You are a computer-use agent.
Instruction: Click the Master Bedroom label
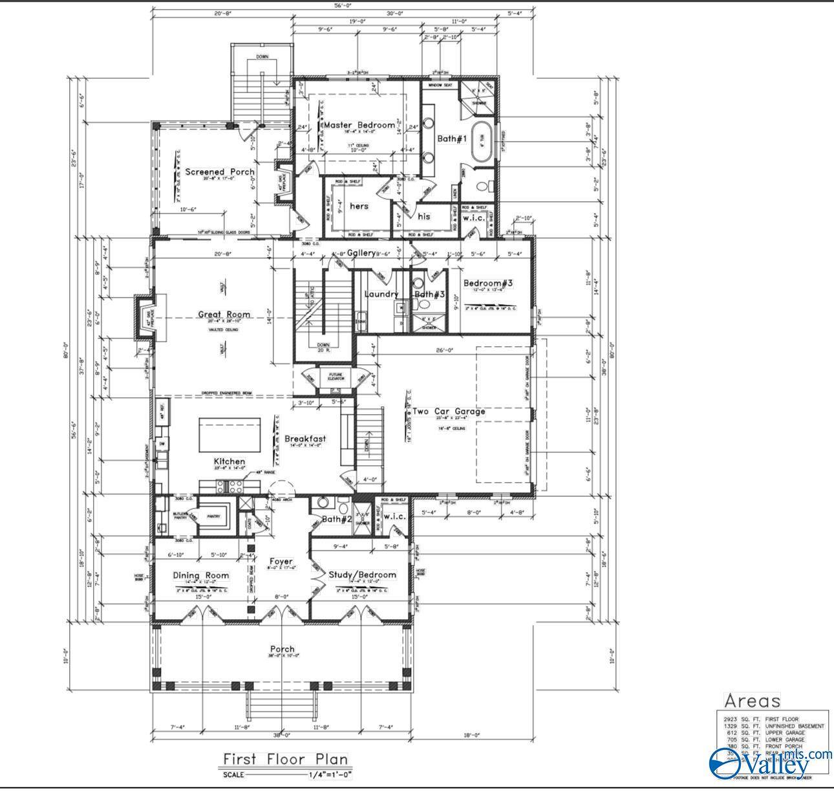(359, 125)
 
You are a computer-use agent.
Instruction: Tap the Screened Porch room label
(220, 171)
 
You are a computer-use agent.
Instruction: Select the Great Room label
(224, 315)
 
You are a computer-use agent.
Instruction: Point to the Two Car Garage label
(449, 411)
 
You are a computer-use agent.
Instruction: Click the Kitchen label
(230, 461)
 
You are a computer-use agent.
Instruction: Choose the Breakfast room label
(305, 439)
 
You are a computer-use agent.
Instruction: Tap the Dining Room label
(200, 575)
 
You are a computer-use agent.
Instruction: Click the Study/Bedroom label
(362, 575)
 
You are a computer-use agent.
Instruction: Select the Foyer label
(281, 561)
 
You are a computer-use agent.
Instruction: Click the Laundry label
(381, 294)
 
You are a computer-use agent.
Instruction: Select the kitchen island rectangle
(230, 435)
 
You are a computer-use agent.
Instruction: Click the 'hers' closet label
(359, 206)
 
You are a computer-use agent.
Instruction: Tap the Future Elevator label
(336, 377)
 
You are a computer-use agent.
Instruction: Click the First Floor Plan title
(285, 759)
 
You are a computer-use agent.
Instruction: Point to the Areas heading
(752, 700)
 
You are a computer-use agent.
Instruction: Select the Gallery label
(361, 253)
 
